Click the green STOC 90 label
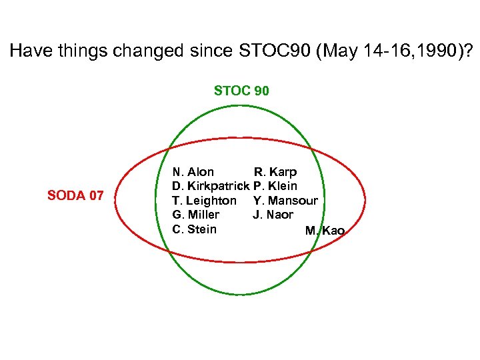tap(241, 91)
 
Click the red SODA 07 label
tap(75, 195)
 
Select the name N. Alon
tap(193, 172)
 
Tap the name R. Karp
tap(275, 172)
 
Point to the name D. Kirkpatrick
tap(211, 186)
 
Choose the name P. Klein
tap(275, 186)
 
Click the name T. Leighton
tap(204, 201)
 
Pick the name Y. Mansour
tap(285, 201)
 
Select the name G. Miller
tap(195, 215)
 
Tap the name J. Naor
tap(273, 215)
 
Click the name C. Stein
tap(194, 229)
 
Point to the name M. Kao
tap(325, 231)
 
